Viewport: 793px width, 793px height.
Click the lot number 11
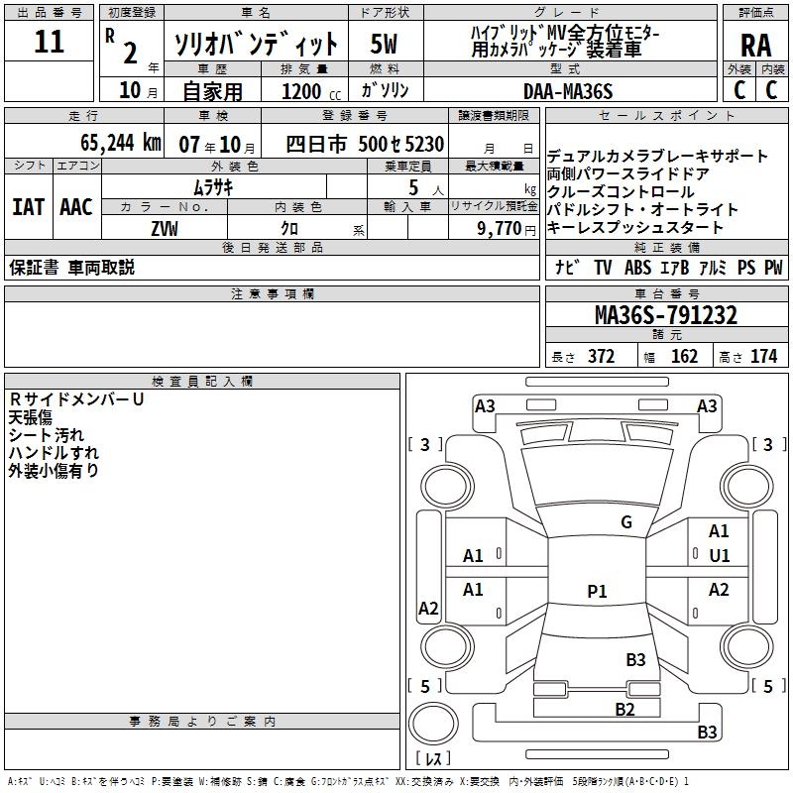(50, 43)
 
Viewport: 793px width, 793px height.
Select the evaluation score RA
(755, 44)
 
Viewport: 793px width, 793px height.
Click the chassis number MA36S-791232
(665, 315)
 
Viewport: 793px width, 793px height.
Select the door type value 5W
(385, 44)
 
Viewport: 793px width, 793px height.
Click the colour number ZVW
(165, 228)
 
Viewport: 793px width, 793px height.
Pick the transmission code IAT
(28, 207)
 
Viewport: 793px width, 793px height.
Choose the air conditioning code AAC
(75, 207)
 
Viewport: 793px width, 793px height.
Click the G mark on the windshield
(625, 522)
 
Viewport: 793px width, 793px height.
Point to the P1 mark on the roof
(596, 592)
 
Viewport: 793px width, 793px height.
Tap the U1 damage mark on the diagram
(719, 556)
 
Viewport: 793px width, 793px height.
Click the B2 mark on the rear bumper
(624, 709)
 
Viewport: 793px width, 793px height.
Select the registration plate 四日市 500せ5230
(365, 144)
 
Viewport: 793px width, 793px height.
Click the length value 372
(601, 357)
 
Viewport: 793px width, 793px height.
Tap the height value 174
(763, 357)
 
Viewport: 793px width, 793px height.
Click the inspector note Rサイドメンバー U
(76, 398)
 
